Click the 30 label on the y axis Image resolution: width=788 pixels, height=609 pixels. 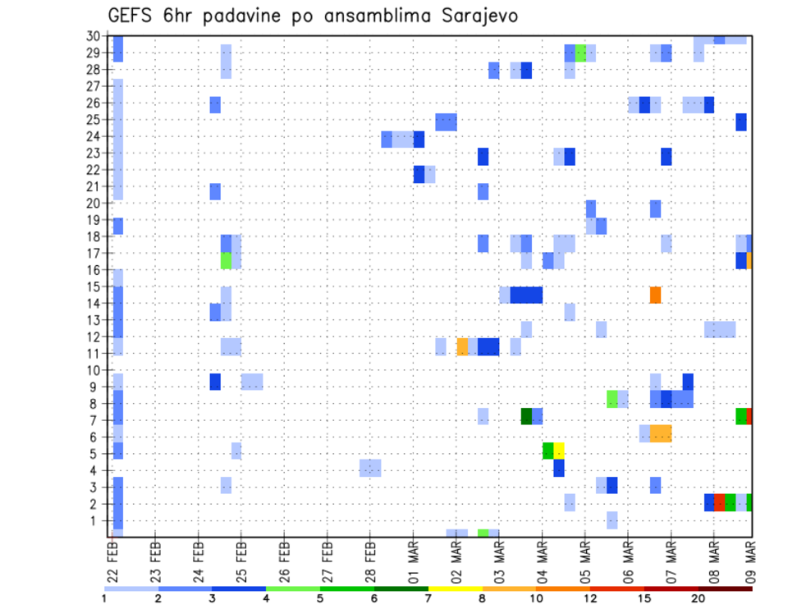(94, 36)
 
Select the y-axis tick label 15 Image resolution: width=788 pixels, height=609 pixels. (94, 286)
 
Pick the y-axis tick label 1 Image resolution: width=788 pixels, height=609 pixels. (97, 520)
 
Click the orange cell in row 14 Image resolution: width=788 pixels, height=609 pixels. (655, 295)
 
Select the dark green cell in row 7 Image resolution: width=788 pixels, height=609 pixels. (526, 416)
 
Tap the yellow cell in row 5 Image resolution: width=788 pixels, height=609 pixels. (559, 450)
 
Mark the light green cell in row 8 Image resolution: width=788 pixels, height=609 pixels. (612, 399)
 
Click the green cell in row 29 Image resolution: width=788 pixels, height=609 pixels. (580, 53)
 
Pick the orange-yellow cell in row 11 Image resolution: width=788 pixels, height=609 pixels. (462, 346)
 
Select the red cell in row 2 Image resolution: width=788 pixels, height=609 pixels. (719, 502)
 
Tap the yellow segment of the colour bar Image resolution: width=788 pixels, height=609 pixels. (456, 588)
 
